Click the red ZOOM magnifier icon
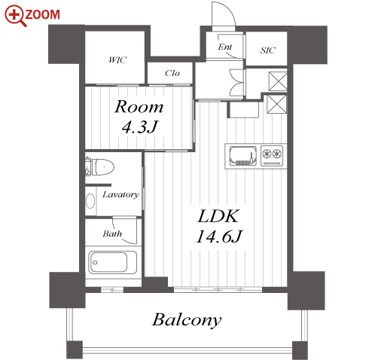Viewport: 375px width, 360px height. pyautogui.click(x=15, y=16)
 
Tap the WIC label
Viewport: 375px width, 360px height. pyautogui.click(x=117, y=59)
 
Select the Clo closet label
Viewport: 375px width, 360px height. pyautogui.click(x=172, y=73)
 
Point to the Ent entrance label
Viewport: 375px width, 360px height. pyautogui.click(x=225, y=47)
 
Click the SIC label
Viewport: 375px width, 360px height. pyautogui.click(x=268, y=50)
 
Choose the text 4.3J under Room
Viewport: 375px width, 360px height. pyautogui.click(x=139, y=127)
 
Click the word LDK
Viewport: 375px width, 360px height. pyautogui.click(x=218, y=216)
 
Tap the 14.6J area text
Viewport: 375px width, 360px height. pyautogui.click(x=218, y=236)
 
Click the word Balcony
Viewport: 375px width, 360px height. pyautogui.click(x=187, y=320)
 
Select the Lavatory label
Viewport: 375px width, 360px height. pyautogui.click(x=120, y=194)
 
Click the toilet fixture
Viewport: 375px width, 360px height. pyautogui.click(x=100, y=166)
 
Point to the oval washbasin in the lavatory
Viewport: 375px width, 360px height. pyautogui.click(x=90, y=201)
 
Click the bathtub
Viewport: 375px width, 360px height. pyautogui.click(x=113, y=262)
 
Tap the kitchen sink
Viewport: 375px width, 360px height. pyautogui.click(x=243, y=156)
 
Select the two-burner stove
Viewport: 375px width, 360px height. pyautogui.click(x=272, y=156)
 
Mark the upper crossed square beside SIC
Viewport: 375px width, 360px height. pyautogui.click(x=278, y=81)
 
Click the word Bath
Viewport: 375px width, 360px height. pyautogui.click(x=112, y=234)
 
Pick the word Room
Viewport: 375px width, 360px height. pyautogui.click(x=139, y=107)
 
